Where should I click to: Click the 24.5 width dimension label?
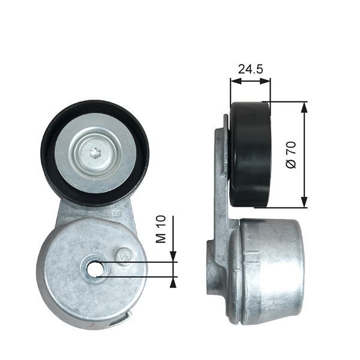pos(250,69)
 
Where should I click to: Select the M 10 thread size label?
pos(160,230)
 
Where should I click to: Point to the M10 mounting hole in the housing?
pos(94,269)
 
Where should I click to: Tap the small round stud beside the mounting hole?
pos(125,255)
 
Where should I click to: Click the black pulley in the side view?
pos(250,154)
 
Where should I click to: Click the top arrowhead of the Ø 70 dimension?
pos(305,106)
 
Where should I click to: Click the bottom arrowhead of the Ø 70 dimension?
pos(305,203)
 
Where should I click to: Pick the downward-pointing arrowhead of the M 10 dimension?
pos(173,258)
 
